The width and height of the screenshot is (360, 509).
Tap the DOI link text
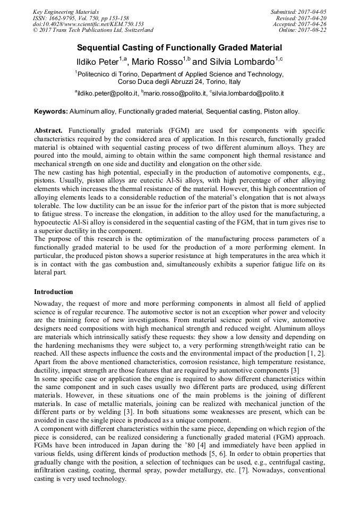tap(88, 24)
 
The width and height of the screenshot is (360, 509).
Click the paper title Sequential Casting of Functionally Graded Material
tap(179, 47)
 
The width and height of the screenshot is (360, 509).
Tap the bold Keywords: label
tap(51, 111)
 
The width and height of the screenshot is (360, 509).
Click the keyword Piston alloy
tap(282, 111)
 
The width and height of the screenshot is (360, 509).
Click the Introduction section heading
tap(54, 292)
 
